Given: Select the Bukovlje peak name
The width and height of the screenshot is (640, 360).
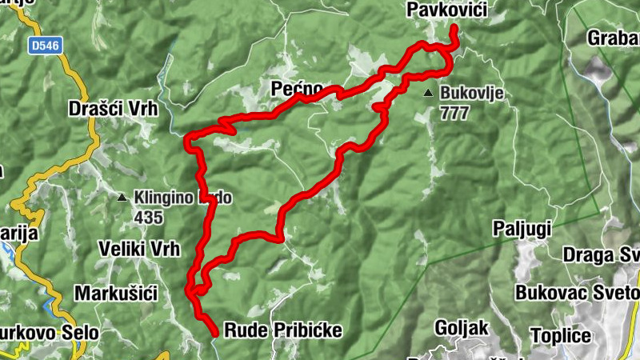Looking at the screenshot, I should click(x=471, y=94).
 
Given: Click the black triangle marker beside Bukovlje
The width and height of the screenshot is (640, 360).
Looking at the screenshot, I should click(x=429, y=94).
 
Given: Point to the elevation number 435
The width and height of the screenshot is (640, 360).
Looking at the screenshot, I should click(x=148, y=217).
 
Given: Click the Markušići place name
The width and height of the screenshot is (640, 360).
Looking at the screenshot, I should click(x=114, y=293).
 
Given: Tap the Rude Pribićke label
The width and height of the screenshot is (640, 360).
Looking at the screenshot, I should click(x=282, y=330).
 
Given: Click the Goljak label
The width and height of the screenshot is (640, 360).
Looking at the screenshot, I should click(x=460, y=327).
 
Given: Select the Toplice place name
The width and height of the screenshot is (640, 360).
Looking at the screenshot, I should click(x=564, y=335).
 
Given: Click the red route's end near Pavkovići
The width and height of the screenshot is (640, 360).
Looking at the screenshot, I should click(x=454, y=29).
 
